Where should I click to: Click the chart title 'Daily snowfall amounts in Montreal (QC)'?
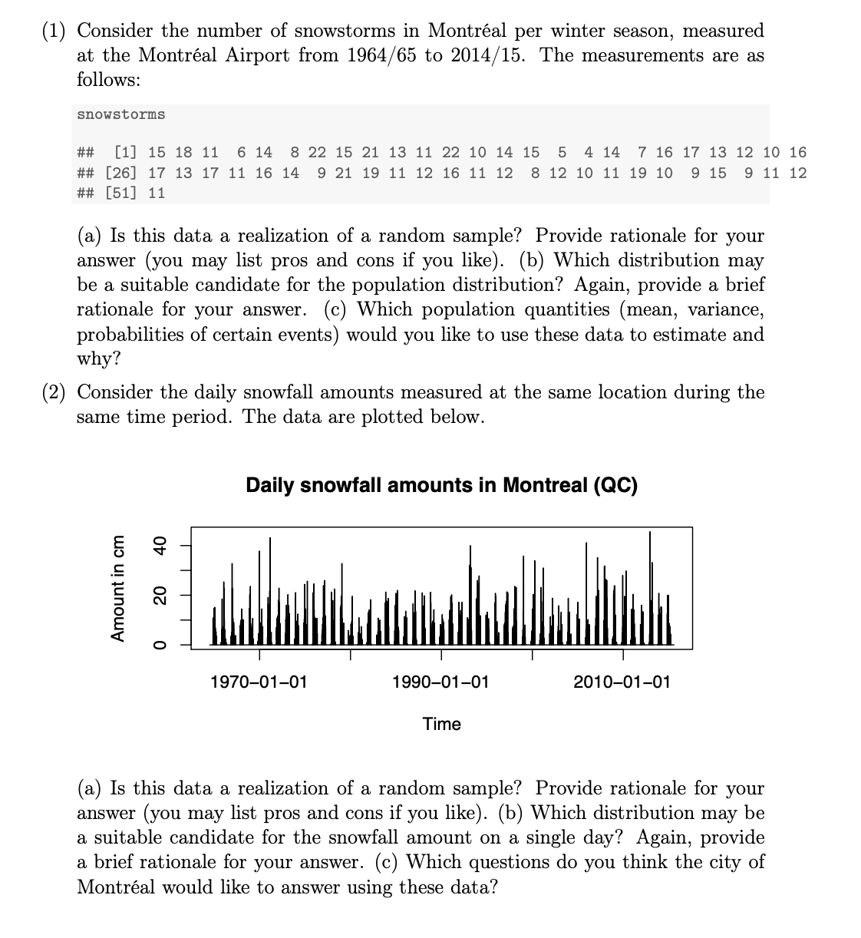tap(441, 486)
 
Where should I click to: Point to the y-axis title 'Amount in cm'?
tap(118, 588)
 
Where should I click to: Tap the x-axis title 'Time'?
tap(442, 724)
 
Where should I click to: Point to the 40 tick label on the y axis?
tap(160, 546)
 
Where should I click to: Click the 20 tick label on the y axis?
tap(160, 595)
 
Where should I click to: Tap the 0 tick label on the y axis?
tap(160, 645)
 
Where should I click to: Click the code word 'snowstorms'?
tap(120, 114)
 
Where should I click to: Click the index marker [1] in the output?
tap(126, 153)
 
